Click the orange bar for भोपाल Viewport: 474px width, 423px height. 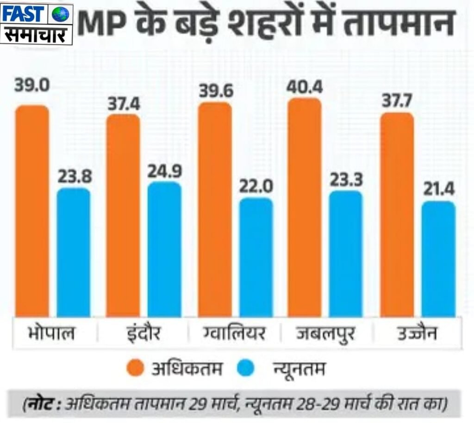pyautogui.click(x=32, y=211)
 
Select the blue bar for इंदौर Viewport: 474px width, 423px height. pyautogui.click(x=164, y=249)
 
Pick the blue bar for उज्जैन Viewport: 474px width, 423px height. pyautogui.click(x=438, y=259)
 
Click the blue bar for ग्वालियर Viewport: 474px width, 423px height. pyautogui.click(x=256, y=257)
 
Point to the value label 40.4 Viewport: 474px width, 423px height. pyautogui.click(x=304, y=86)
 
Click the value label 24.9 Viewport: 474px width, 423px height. pyautogui.click(x=164, y=171)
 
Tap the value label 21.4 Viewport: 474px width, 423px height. pyautogui.click(x=438, y=190)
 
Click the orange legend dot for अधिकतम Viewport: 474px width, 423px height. pyautogui.click(x=135, y=369)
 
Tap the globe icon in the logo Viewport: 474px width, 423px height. pyautogui.click(x=60, y=14)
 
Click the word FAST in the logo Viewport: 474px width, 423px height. pyautogui.click(x=25, y=14)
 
